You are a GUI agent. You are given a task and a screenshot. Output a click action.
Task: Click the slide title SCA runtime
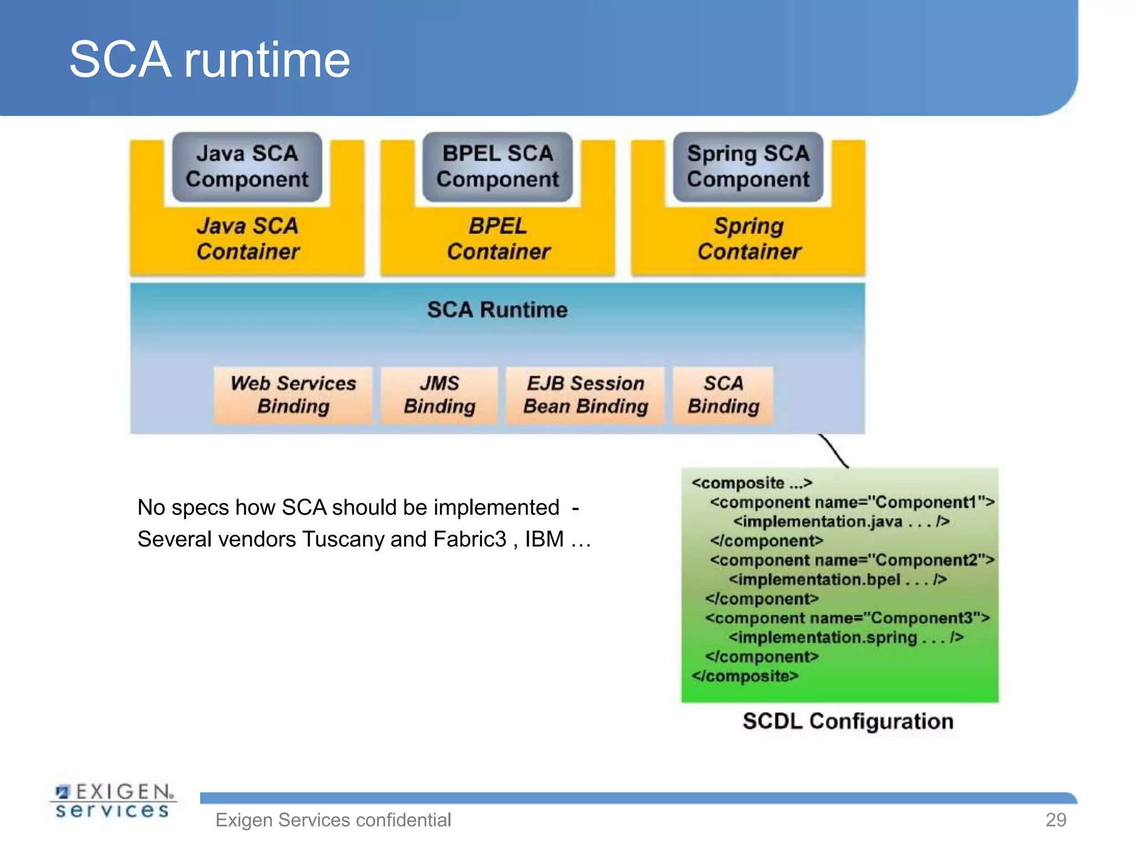pos(209,59)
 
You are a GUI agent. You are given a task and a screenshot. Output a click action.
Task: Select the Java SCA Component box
pos(247,166)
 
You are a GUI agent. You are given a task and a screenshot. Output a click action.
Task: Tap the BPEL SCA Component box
pos(497,166)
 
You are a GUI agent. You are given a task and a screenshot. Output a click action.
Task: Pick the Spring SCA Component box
pos(748,166)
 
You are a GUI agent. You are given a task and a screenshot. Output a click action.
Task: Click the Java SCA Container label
pos(248,239)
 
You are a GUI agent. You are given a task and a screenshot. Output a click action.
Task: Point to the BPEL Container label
pos(498,239)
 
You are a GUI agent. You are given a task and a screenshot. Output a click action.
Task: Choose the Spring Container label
pos(749,239)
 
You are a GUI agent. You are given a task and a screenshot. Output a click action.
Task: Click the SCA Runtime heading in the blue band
pos(497,310)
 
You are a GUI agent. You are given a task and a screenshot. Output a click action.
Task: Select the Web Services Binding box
pos(293,394)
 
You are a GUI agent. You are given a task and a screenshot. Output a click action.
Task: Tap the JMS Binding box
pos(439,394)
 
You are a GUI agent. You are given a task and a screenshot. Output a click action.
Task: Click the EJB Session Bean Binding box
pos(585,394)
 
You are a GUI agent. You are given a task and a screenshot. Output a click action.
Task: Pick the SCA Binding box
pos(723,394)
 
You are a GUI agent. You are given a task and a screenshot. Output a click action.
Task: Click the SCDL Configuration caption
pos(848,721)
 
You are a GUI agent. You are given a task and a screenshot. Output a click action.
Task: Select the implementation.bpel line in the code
pos(837,580)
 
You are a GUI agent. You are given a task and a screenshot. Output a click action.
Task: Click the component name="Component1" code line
pos(852,503)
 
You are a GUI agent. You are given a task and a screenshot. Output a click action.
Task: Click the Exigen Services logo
pos(113,801)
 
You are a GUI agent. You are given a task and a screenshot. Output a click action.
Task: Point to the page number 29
pos(1055,819)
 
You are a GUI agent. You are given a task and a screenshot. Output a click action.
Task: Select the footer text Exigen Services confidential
pos(333,820)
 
